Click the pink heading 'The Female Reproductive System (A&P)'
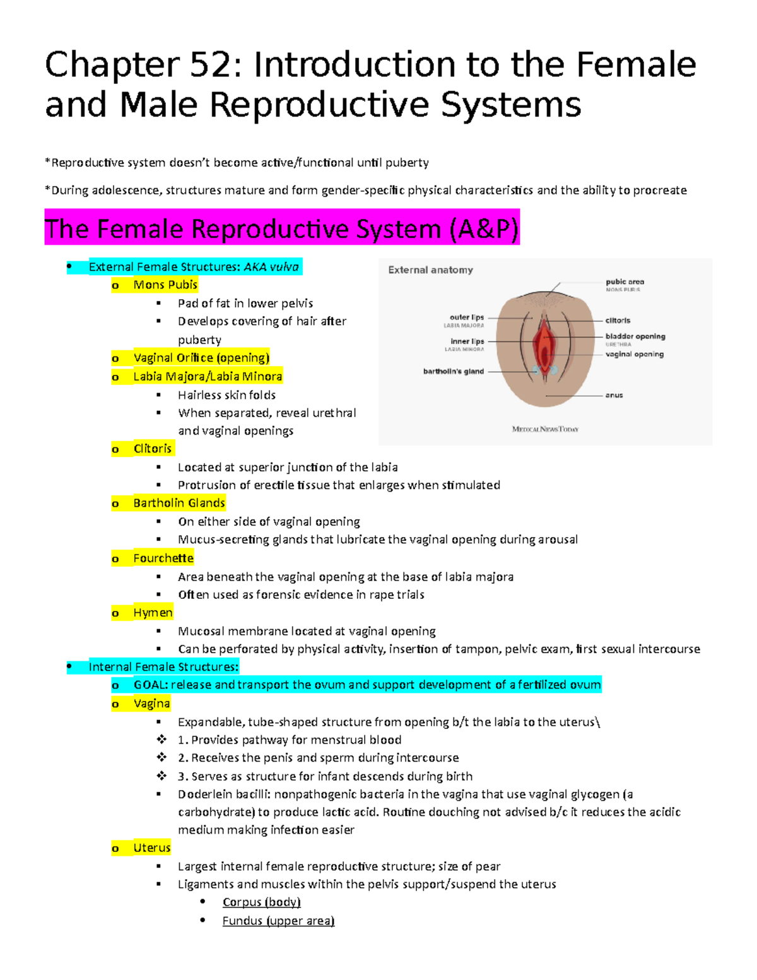[x=281, y=228]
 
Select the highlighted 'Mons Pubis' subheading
[x=165, y=285]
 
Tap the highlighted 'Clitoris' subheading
[x=152, y=449]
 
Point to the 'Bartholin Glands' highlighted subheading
[x=179, y=503]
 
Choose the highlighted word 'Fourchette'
[x=163, y=558]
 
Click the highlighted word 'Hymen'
[x=153, y=613]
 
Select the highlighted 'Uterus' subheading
[x=152, y=847]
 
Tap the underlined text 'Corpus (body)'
[x=261, y=902]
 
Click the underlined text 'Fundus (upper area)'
[x=278, y=921]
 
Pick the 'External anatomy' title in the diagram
[x=430, y=270]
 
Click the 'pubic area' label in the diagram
[x=625, y=282]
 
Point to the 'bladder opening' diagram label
[x=635, y=336]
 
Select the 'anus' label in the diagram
[x=614, y=395]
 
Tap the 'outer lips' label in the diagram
[x=467, y=317]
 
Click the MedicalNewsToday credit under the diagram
[x=545, y=429]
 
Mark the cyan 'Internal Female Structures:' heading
[x=163, y=667]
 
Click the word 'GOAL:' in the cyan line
[x=151, y=685]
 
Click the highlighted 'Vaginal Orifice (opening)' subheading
[x=201, y=358]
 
